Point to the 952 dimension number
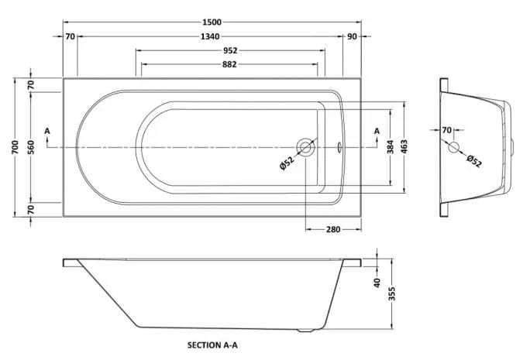229,50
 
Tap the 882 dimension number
229,64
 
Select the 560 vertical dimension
31,147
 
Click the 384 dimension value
391,147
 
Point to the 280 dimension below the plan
334,229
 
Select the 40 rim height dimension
377,283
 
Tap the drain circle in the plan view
305,146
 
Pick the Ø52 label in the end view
474,160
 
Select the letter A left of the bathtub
47,131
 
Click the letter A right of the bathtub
377,131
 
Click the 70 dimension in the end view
446,130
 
